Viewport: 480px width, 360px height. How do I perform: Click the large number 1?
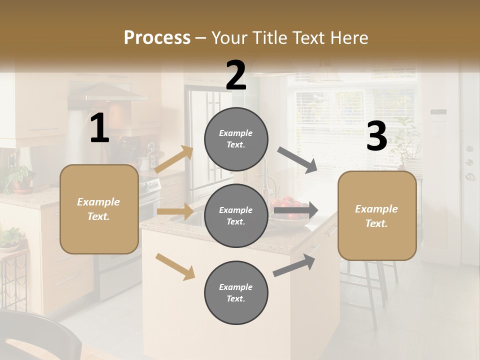point(99,128)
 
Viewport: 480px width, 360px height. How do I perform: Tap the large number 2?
point(236,75)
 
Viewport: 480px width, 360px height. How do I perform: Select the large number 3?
point(376,136)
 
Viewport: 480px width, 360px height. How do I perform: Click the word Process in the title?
point(157,38)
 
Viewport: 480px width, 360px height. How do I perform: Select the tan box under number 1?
point(99,209)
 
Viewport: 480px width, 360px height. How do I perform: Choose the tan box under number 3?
point(377,215)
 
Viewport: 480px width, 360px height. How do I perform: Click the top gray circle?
point(236,139)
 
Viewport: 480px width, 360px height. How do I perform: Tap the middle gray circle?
point(236,215)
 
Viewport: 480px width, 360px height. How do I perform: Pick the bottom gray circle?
point(236,292)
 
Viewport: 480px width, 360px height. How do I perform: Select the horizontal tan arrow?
point(175,211)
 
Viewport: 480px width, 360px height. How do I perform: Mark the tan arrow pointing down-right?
point(175,266)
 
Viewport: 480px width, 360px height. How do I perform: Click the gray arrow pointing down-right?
point(297,159)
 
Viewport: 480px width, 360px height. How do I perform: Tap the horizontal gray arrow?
point(295,210)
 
